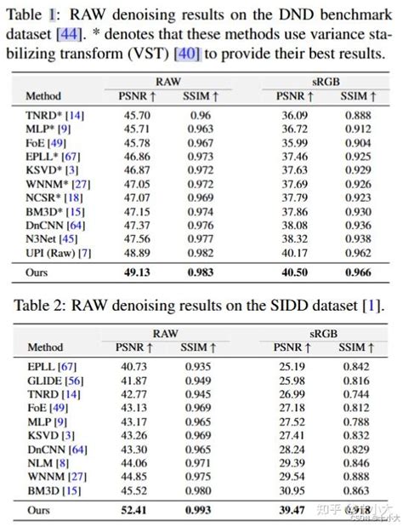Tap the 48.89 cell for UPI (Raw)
coord(133,254)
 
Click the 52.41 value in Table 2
coord(133,510)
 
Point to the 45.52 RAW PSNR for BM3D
coord(133,490)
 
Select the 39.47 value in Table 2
coord(293,510)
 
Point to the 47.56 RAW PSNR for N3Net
coord(133,239)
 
